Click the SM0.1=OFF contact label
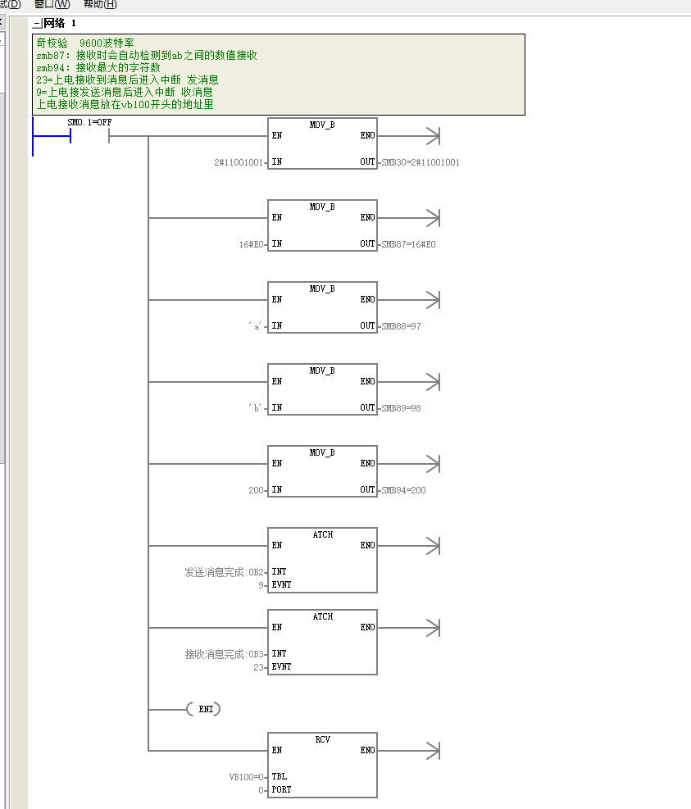89,122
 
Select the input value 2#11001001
239,162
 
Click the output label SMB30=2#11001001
421,162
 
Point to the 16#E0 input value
251,244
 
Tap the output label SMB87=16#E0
408,244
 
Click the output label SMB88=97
401,326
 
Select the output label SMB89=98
401,409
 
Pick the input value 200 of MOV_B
256,490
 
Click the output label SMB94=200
403,490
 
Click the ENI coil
204,710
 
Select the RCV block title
322,740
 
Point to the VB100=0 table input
246,777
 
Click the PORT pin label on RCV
281,790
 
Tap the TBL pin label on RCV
280,776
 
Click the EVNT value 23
258,668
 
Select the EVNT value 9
261,585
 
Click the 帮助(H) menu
100,4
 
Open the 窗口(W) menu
52,4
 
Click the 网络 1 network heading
59,23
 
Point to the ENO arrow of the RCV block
408,751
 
